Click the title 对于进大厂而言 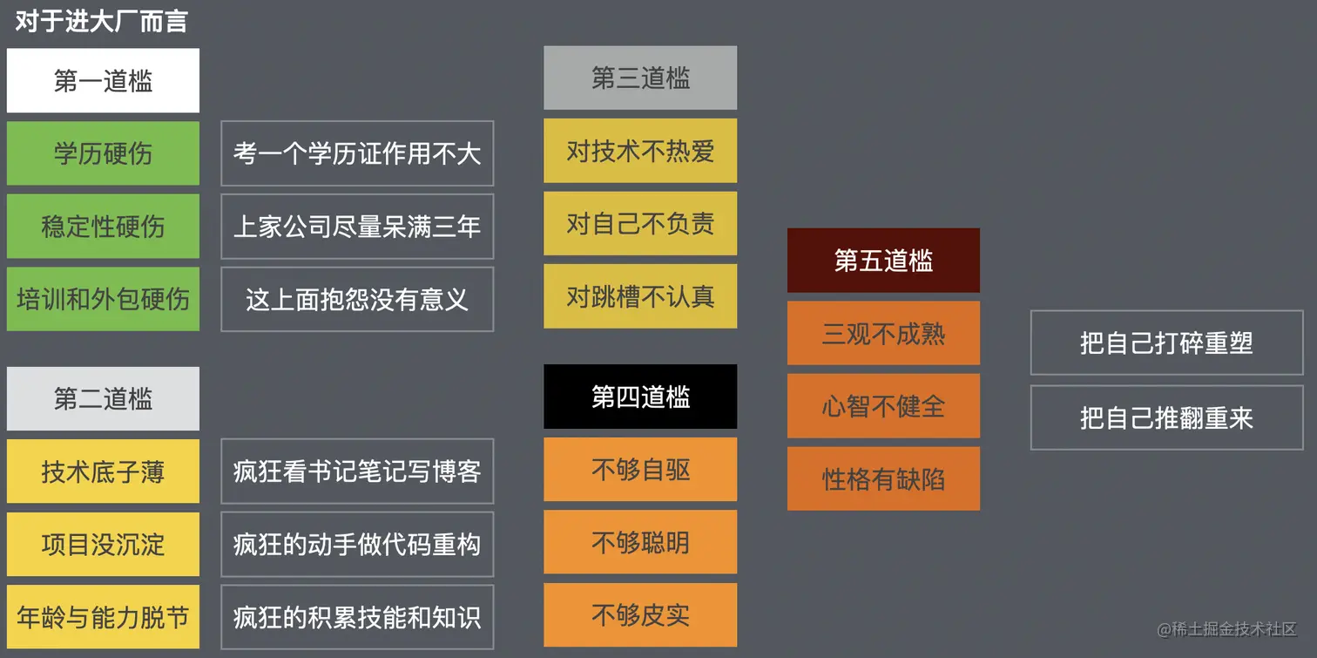click(101, 21)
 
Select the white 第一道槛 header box click(103, 81)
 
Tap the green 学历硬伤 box click(103, 153)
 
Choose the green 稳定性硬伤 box click(103, 227)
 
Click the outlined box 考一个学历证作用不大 click(357, 153)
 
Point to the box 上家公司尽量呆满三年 click(357, 227)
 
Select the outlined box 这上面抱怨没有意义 click(357, 300)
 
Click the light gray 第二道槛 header click(103, 399)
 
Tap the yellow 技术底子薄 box click(103, 471)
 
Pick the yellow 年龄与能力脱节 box click(103, 618)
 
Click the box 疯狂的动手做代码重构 click(357, 545)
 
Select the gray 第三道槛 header click(640, 78)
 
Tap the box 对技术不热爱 click(640, 151)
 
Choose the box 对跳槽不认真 click(640, 296)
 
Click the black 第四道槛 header click(640, 397)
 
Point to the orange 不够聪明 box click(640, 542)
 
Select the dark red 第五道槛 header click(883, 261)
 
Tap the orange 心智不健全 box click(883, 406)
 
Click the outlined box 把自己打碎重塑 click(1166, 343)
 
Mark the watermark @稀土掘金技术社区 click(1226, 629)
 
